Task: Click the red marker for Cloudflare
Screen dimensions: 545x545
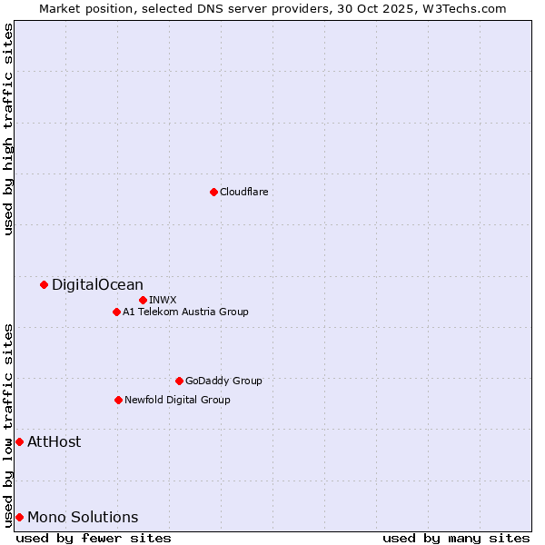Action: [x=213, y=192]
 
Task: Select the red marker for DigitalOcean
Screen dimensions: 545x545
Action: [x=44, y=285]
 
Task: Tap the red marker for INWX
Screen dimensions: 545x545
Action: [x=143, y=300]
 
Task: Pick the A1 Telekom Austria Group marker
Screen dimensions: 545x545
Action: [x=116, y=312]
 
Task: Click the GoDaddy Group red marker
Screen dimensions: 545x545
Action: [x=179, y=381]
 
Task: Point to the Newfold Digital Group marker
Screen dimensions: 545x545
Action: [x=118, y=400]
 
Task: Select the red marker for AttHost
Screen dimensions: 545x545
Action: [x=19, y=442]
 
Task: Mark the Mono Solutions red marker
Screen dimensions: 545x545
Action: [x=19, y=518]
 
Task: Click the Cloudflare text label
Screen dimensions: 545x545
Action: [x=243, y=192]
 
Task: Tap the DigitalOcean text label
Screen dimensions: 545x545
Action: [x=97, y=285]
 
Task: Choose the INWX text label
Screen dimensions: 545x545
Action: [x=163, y=300]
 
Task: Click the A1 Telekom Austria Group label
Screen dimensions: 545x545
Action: [x=185, y=312]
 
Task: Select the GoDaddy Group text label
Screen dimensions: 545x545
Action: [x=223, y=381]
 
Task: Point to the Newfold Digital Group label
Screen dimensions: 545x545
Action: [x=177, y=400]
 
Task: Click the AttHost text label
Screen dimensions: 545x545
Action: [x=54, y=442]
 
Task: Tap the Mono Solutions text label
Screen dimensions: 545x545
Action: [x=83, y=518]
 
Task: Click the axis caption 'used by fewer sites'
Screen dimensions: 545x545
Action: [x=94, y=538]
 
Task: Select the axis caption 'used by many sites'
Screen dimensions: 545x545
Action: [x=456, y=538]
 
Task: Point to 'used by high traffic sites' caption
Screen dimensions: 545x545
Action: [x=9, y=129]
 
